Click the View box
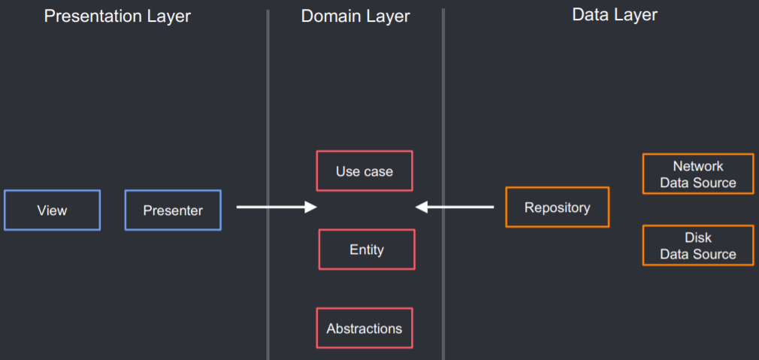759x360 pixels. pyautogui.click(x=52, y=210)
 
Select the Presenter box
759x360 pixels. pyautogui.click(x=173, y=210)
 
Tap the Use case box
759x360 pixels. pyautogui.click(x=364, y=171)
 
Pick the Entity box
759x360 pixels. pyautogui.click(x=367, y=250)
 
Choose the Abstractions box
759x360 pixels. pyautogui.click(x=364, y=328)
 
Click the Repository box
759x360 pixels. pyautogui.click(x=557, y=207)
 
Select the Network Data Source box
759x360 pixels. pyautogui.click(x=698, y=174)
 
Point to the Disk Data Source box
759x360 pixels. pyautogui.click(x=698, y=246)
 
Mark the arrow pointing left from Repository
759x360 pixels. pyautogui.click(x=455, y=207)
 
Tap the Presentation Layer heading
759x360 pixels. pyautogui.click(x=118, y=16)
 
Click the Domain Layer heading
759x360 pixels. pyautogui.click(x=355, y=16)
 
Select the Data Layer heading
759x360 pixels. pyautogui.click(x=615, y=14)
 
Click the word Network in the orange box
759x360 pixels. pyautogui.click(x=698, y=166)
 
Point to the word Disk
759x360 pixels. pyautogui.click(x=698, y=237)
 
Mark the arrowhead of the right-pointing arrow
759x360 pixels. pyautogui.click(x=311, y=207)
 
